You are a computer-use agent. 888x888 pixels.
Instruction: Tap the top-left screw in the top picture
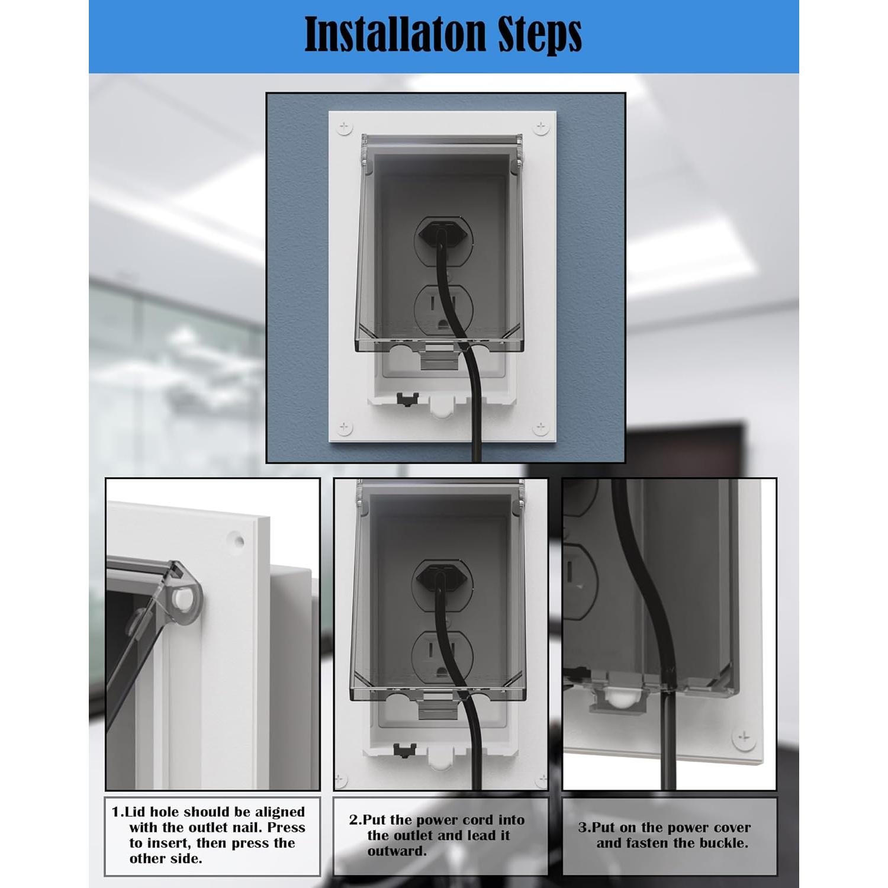(344, 127)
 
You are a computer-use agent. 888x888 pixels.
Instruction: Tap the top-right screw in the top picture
(540, 127)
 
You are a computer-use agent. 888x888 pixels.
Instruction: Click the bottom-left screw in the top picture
(344, 427)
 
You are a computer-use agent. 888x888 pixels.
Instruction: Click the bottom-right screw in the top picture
(540, 427)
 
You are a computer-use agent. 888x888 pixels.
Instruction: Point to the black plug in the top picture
(440, 233)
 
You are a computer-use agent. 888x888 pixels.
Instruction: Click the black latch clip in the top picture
(406, 400)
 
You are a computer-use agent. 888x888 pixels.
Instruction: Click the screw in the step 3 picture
(744, 738)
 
